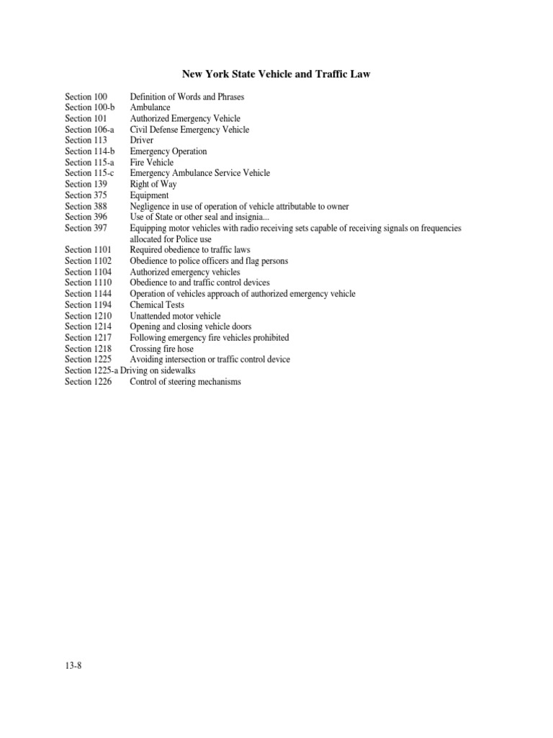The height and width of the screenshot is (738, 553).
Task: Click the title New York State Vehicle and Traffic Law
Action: coord(276,74)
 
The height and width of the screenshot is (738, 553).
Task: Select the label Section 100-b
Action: coord(90,107)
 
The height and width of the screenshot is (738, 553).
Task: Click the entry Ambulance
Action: coord(150,107)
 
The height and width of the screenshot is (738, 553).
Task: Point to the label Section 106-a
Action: coord(89,130)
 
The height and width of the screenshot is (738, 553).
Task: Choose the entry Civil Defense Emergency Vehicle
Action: coord(189,130)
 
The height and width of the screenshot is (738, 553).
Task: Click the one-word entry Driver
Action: coord(142,141)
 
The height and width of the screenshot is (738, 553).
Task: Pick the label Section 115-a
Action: coord(89,162)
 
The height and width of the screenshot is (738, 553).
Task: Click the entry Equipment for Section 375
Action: coord(149,195)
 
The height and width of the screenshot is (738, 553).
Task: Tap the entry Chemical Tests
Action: coord(157,305)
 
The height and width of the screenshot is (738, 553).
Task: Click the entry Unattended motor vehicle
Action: coord(175,316)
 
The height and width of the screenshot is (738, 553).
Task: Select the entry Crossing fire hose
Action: coord(162,349)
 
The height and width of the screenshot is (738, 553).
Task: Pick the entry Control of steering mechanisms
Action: coord(185,381)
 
